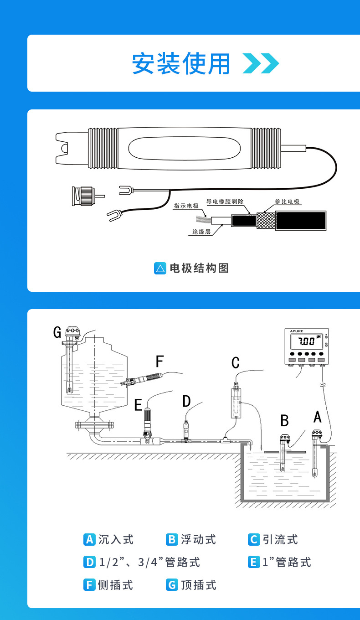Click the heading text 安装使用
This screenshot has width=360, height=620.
pyautogui.click(x=181, y=63)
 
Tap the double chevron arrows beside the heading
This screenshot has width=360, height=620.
pyautogui.click(x=260, y=63)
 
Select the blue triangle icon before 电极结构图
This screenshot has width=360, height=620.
pyautogui.click(x=160, y=268)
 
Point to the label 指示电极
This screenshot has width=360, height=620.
pyautogui.click(x=186, y=206)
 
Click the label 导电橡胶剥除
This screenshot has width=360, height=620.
pyautogui.click(x=225, y=201)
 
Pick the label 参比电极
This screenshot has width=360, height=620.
pyautogui.click(x=288, y=201)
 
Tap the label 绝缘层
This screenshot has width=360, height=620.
pyautogui.click(x=201, y=232)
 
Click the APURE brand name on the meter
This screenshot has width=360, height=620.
pyautogui.click(x=297, y=331)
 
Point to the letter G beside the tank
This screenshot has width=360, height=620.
pyautogui.click(x=57, y=332)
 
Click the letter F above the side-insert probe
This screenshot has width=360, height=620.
pyautogui.click(x=159, y=362)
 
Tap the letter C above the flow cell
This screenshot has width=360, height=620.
pyautogui.click(x=235, y=363)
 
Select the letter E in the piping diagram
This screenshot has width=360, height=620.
pyautogui.click(x=138, y=404)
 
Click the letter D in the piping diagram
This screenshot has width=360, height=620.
pyautogui.click(x=186, y=401)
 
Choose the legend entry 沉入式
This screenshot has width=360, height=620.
pyautogui.click(x=116, y=539)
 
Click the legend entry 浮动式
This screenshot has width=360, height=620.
pyautogui.click(x=198, y=539)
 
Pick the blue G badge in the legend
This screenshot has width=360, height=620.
pyautogui.click(x=171, y=584)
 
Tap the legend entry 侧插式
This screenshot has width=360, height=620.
pyautogui.click(x=116, y=584)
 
